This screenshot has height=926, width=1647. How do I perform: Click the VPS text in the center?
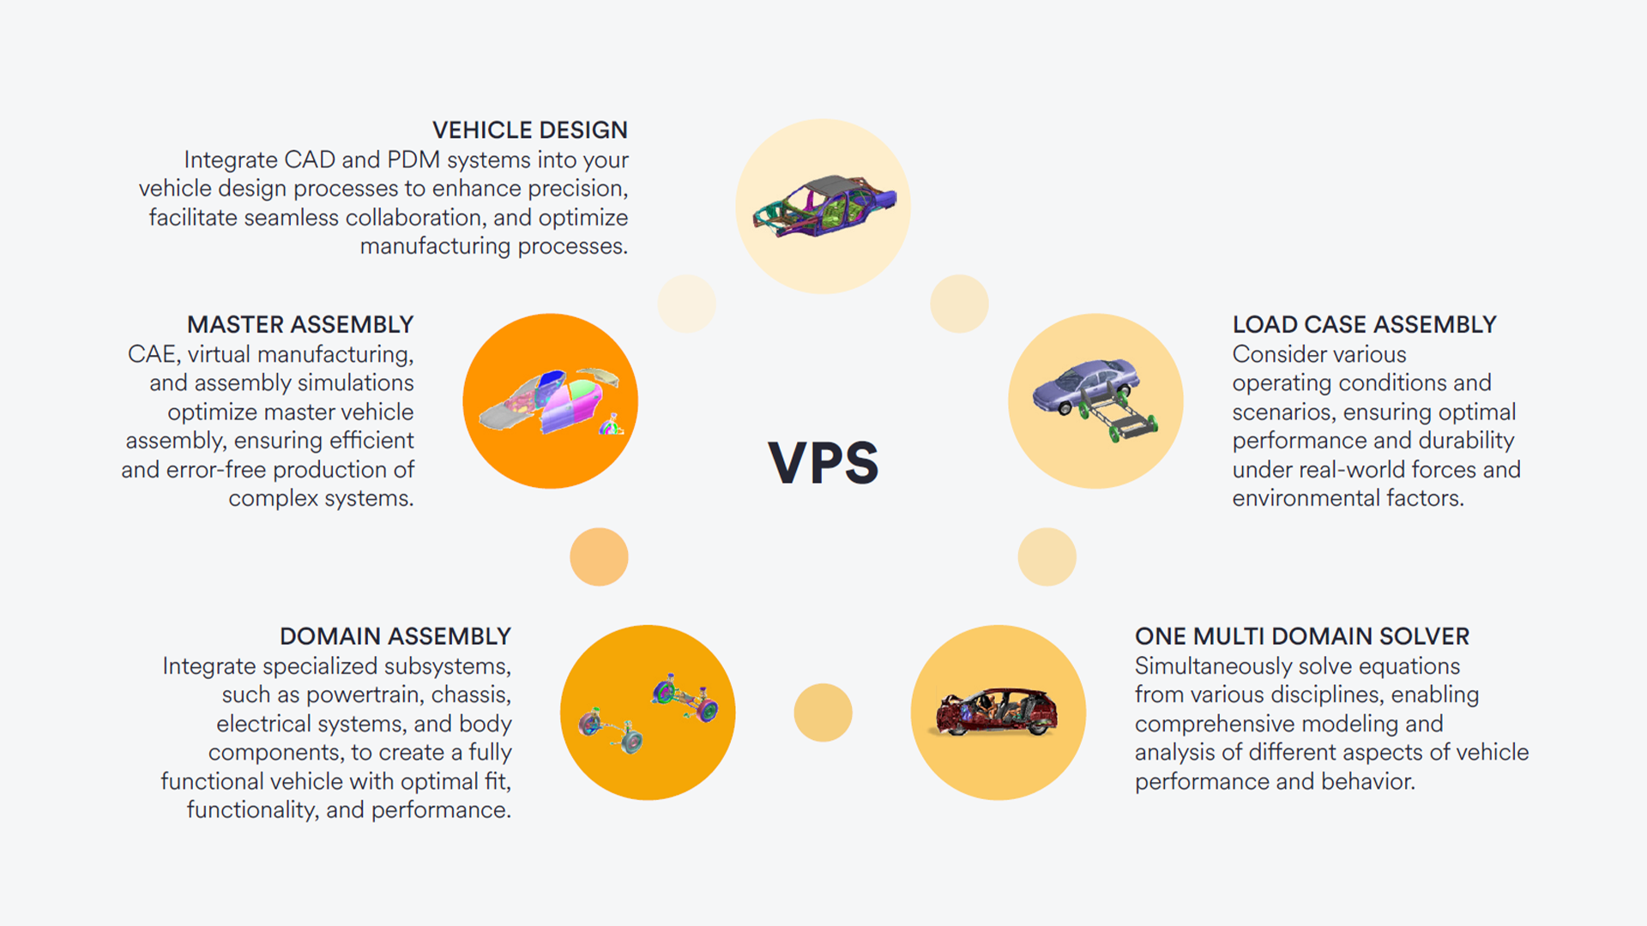point(823,463)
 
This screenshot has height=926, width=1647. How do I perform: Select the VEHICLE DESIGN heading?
point(529,130)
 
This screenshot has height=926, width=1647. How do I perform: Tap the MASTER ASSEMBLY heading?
point(300,325)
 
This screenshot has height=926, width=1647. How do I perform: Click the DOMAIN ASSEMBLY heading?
point(395,636)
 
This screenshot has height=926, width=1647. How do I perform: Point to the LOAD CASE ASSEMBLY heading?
point(1364,325)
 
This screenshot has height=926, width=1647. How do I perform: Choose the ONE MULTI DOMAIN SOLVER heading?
point(1301,636)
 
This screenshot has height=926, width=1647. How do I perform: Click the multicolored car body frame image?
point(823,207)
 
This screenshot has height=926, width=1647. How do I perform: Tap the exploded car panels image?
point(551,401)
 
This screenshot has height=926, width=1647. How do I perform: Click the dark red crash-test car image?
point(998,713)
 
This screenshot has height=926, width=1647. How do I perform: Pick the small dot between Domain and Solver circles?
point(823,713)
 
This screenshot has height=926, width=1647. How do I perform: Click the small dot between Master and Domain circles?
point(599,556)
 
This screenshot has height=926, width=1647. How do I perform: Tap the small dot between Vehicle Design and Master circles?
point(686,304)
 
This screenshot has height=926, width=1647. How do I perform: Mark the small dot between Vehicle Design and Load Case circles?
point(959,304)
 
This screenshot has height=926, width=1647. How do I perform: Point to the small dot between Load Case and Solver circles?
point(1047,556)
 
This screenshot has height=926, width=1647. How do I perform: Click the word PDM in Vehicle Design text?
point(413,160)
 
